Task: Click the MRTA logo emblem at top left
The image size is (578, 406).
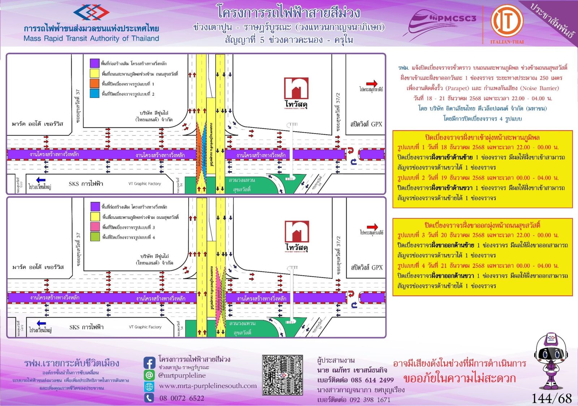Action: coord(91,13)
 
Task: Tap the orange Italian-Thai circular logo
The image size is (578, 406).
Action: coord(507,21)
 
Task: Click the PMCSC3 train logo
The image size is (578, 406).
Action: coord(443,23)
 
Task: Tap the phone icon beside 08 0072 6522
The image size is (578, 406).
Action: coord(149,398)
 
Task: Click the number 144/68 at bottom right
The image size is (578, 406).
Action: coord(552,398)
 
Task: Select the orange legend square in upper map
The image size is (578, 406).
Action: coord(95,83)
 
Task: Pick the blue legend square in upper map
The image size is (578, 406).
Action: coord(95,94)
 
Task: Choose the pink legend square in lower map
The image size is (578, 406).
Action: coord(95,227)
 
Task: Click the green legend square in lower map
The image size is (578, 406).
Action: coord(95,237)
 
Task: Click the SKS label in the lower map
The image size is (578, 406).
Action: coord(86,327)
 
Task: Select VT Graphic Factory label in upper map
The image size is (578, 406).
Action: coord(144,183)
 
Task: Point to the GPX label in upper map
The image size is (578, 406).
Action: coord(366,124)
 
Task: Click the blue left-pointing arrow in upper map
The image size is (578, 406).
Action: coord(41,180)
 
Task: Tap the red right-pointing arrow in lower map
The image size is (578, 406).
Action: coord(372,227)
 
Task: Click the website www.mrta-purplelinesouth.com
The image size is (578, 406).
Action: coord(208,386)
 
